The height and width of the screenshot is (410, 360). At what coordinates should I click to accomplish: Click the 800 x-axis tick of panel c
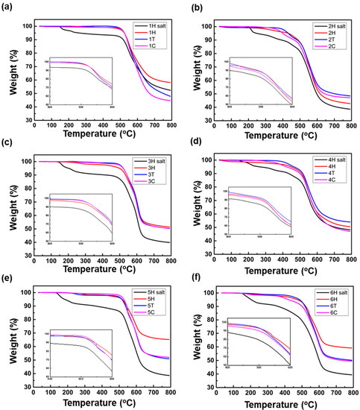[170, 259]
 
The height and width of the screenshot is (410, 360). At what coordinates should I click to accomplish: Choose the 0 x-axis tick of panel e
[34, 393]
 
